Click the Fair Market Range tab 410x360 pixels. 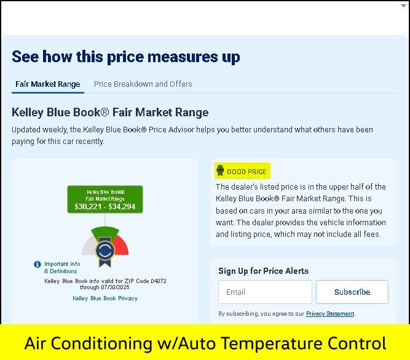[48, 84]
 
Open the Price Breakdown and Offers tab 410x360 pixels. [143, 84]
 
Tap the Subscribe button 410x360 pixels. [352, 292]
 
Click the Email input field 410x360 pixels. [265, 292]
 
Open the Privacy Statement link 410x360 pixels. [330, 314]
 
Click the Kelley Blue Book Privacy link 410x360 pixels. [105, 298]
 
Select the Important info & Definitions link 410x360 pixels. [62, 267]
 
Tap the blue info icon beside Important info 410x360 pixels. [37, 265]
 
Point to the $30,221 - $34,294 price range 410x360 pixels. [105, 207]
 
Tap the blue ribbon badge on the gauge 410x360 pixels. [105, 252]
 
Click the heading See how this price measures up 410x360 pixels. [126, 57]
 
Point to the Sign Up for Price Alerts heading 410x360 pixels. [264, 271]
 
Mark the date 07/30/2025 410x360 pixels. [116, 287]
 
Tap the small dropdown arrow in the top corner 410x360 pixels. [403, 6]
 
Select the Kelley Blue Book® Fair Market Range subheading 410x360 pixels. [110, 113]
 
